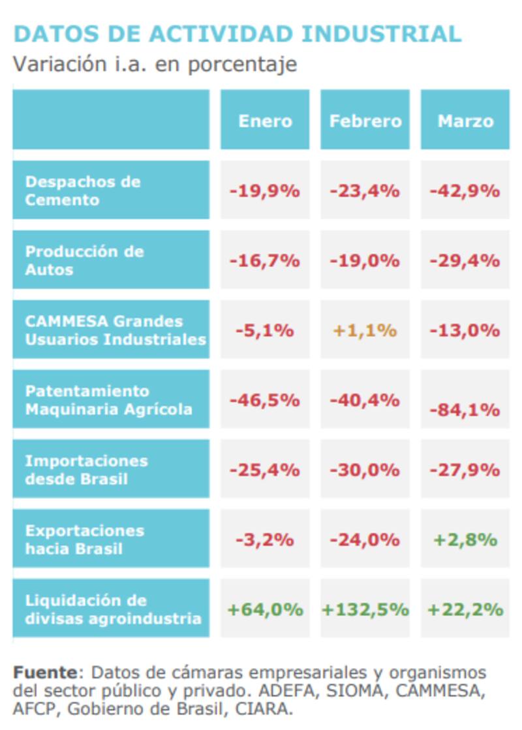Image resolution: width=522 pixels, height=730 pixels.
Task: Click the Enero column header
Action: (265, 121)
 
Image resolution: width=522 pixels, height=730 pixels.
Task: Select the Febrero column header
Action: (365, 121)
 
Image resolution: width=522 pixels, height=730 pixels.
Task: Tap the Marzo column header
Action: (465, 121)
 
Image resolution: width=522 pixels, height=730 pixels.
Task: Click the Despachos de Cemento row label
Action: (83, 190)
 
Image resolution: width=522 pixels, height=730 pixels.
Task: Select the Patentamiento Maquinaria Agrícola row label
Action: (108, 400)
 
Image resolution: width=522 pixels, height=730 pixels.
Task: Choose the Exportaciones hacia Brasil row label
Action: (84, 540)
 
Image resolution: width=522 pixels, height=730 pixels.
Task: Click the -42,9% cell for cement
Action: (465, 191)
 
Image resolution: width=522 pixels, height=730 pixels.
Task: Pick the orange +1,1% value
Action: (365, 330)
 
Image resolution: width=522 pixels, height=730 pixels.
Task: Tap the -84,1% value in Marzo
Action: (465, 410)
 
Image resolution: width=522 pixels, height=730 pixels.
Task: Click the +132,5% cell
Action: (365, 609)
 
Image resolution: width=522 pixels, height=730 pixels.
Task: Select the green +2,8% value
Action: (465, 540)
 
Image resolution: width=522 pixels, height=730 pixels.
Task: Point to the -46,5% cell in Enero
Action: (264, 400)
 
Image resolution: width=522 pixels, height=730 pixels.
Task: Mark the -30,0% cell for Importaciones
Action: (365, 470)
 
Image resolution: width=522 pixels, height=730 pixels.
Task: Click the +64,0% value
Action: (265, 609)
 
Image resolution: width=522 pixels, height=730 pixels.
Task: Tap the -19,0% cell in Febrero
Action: (365, 260)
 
